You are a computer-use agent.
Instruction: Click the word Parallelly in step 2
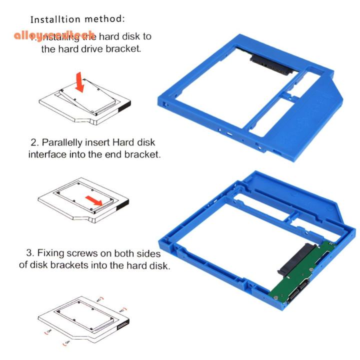point(68,141)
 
